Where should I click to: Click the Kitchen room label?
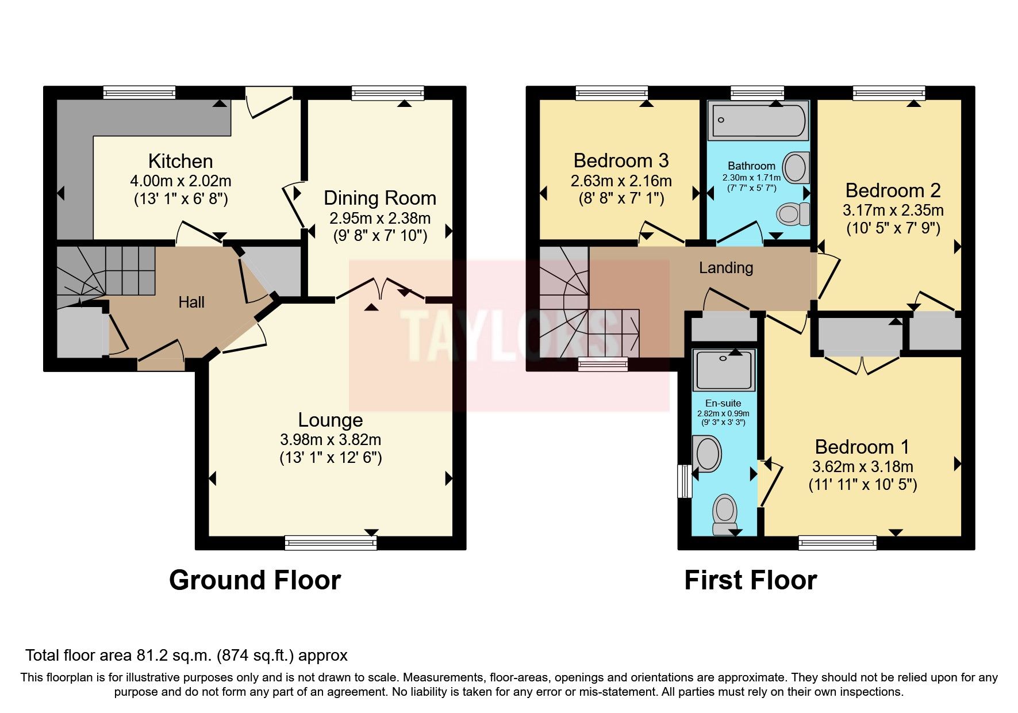[180, 161]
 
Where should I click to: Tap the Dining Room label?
[379, 198]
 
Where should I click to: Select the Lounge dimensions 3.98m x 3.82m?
[331, 440]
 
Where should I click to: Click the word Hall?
[191, 302]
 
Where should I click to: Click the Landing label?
[726, 268]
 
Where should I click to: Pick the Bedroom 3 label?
[621, 160]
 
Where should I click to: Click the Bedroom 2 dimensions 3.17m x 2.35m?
[893, 210]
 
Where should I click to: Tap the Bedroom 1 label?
[862, 447]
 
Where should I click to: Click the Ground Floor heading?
[255, 580]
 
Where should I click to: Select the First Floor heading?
[750, 580]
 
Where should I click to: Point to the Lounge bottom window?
[331, 542]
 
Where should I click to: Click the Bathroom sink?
[796, 167]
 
